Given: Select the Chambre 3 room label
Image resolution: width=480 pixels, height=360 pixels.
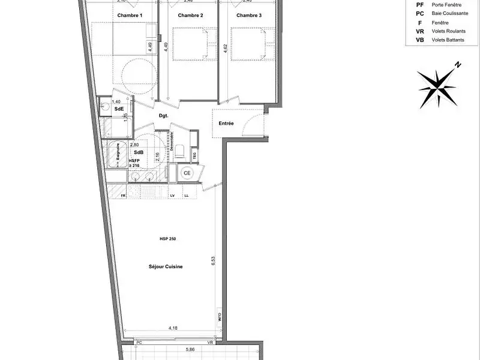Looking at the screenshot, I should click(249, 15).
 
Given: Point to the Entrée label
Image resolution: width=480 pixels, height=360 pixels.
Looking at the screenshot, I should click(226, 124).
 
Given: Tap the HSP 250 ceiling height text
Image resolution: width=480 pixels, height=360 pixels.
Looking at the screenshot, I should click(167, 239).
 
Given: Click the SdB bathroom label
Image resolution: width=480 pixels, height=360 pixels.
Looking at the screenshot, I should click(138, 152).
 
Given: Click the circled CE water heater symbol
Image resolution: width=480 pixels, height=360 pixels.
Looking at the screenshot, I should click(187, 173).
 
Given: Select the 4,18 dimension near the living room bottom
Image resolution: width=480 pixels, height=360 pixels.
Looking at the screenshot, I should click(173, 328).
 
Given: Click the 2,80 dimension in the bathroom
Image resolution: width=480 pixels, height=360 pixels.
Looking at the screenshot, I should click(118, 145).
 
